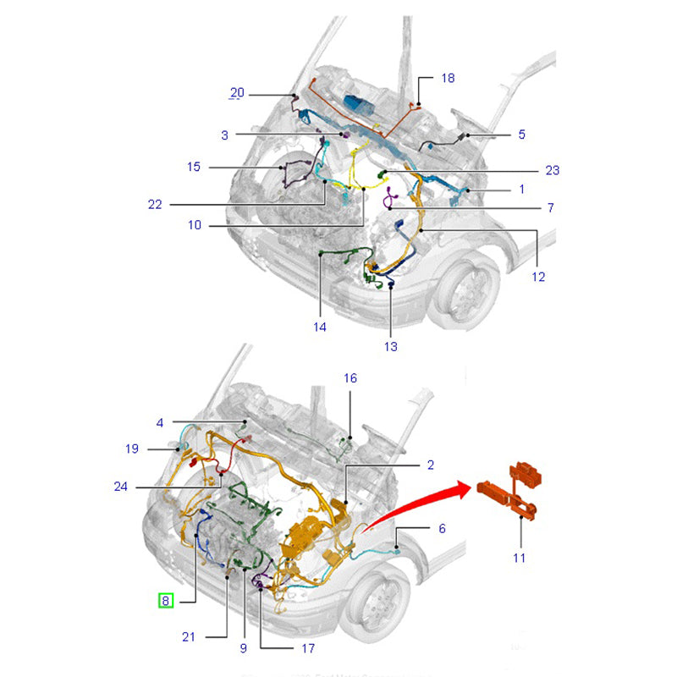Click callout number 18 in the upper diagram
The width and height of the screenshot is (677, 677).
pos(448,78)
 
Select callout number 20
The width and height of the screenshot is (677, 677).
pos(237,93)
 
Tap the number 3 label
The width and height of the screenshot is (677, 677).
pos(224,135)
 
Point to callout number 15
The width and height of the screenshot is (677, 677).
pos(194,168)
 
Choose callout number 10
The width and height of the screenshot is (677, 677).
pos(195,226)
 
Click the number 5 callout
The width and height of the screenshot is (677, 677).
pos(522,135)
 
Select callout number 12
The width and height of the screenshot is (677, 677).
pos(538,276)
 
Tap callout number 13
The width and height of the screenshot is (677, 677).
pos(390,346)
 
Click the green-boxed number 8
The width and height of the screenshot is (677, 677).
pos(166,602)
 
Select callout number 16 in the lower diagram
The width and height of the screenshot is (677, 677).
pos(350,378)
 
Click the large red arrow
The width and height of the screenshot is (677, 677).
pos(423,498)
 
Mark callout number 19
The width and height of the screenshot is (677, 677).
pos(132,449)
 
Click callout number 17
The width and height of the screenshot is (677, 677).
pos(307,649)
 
